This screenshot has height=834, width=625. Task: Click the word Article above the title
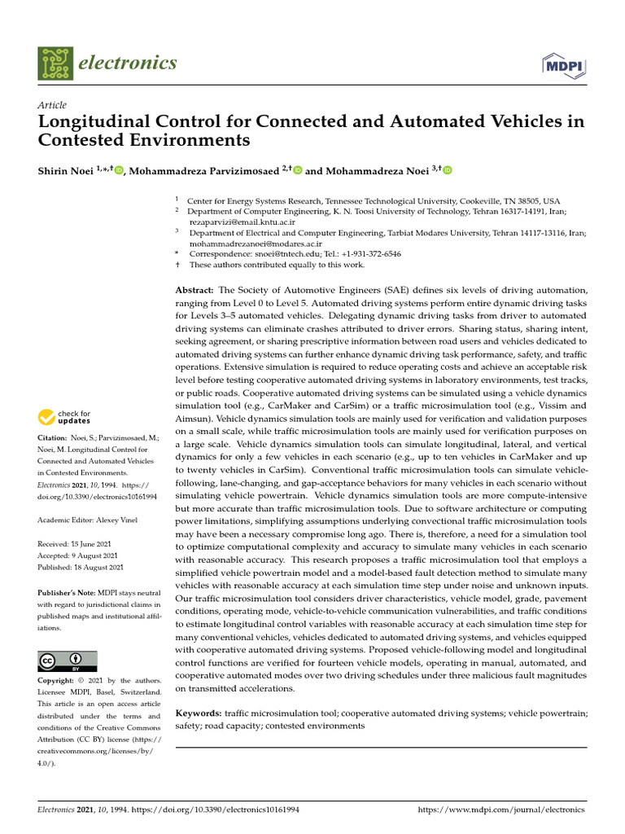52,105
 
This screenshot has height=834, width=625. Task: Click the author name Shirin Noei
66,170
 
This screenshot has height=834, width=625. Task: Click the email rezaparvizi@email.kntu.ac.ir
242,222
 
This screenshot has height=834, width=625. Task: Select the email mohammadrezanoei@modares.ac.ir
256,243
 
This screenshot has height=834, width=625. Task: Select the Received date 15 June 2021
96,542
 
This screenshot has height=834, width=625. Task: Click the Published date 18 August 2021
99,567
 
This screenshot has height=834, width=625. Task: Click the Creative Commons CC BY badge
68,661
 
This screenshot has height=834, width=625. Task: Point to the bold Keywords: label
199,713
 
